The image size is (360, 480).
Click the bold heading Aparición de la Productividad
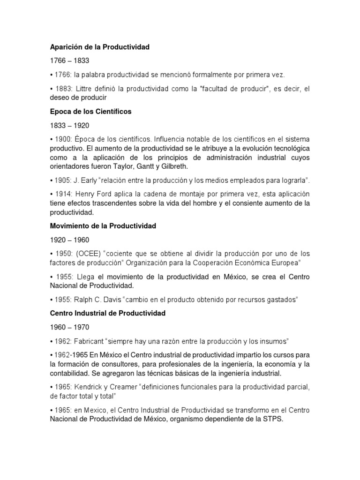[x=100, y=47]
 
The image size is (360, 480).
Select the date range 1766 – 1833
[x=69, y=60]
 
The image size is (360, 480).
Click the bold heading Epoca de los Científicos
[x=91, y=112]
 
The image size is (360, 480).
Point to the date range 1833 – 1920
[x=69, y=126]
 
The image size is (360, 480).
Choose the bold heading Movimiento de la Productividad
[x=103, y=226]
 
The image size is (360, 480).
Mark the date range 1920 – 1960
[x=69, y=240]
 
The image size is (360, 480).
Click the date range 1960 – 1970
[x=69, y=327]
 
